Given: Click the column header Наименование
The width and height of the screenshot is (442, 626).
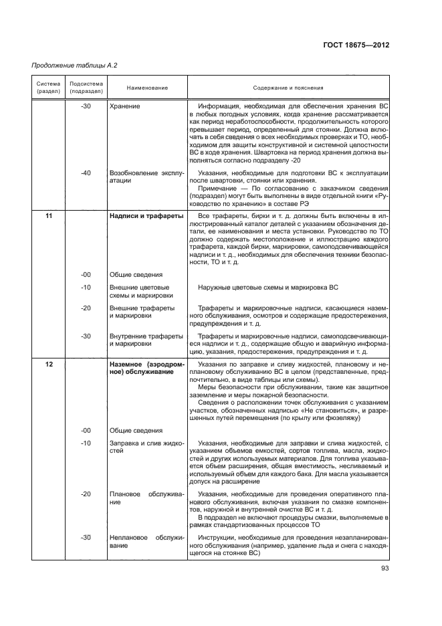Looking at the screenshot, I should (138, 88).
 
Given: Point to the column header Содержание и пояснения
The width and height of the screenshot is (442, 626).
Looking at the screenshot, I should (288, 88).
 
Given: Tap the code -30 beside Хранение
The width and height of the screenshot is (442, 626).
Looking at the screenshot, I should (86, 106).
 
